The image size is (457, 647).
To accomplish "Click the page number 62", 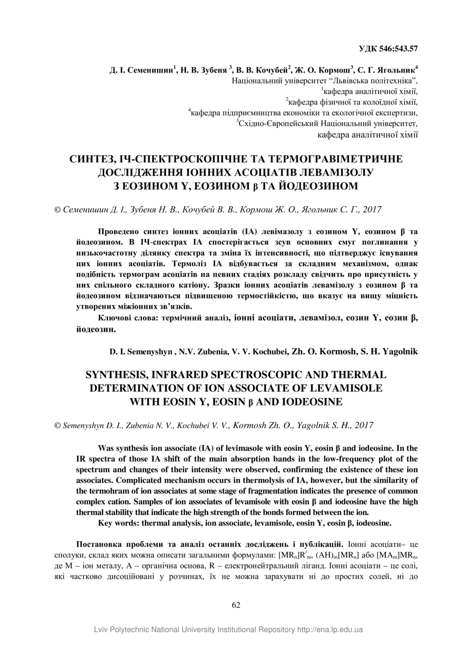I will [x=236, y=605].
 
